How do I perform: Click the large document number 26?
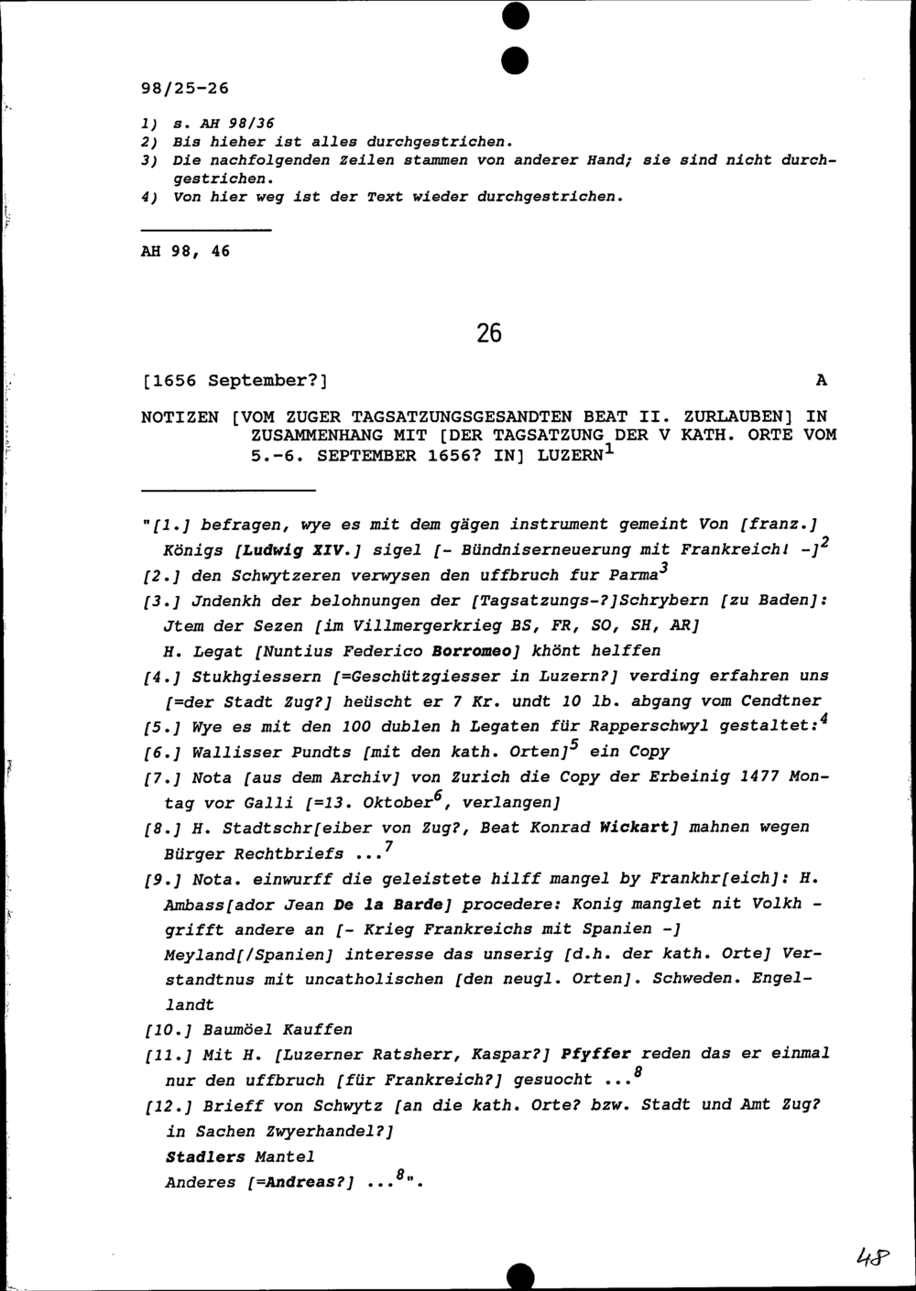tap(489, 333)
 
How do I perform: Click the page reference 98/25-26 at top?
tap(184, 89)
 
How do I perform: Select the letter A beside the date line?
tap(821, 380)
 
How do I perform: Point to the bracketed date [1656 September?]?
tap(234, 380)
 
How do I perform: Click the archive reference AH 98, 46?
tap(185, 251)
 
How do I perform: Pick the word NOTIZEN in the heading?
tap(180, 417)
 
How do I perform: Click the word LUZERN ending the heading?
tap(572, 455)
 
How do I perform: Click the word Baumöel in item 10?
tap(242, 1029)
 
